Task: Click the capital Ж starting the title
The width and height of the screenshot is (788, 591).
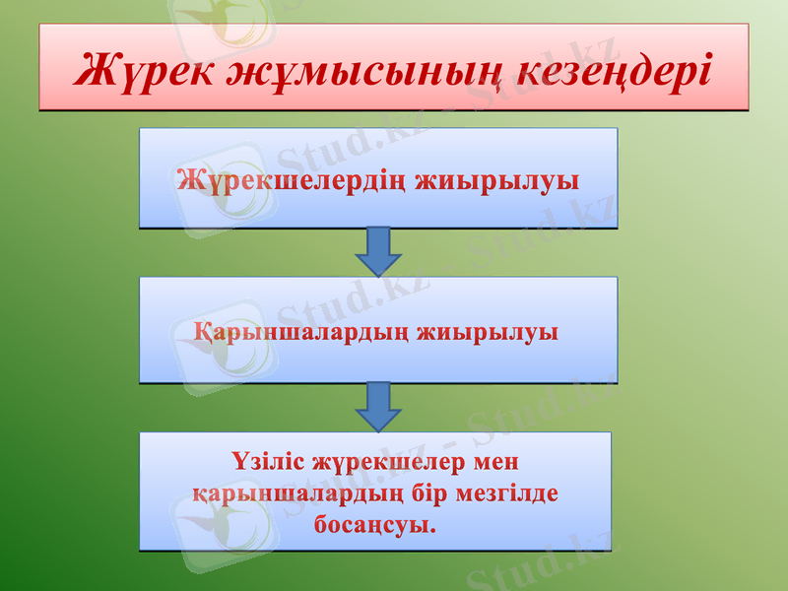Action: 95,68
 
